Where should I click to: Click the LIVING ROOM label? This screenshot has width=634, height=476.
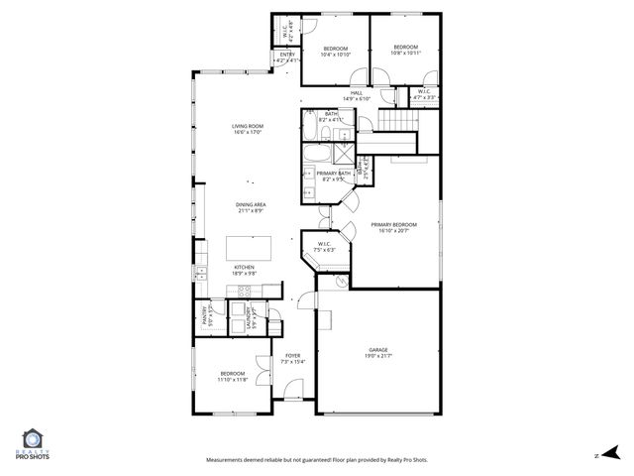tap(248, 126)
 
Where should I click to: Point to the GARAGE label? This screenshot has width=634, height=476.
tap(379, 349)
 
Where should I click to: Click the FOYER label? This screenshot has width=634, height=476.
tap(293, 355)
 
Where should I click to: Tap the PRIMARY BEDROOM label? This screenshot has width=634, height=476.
tap(393, 225)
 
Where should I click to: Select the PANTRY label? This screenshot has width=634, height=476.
tap(205, 316)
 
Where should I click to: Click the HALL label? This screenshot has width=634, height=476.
tap(356, 93)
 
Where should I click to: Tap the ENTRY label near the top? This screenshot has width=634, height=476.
tap(287, 55)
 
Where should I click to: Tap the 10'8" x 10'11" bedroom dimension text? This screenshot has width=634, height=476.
tap(406, 50)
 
